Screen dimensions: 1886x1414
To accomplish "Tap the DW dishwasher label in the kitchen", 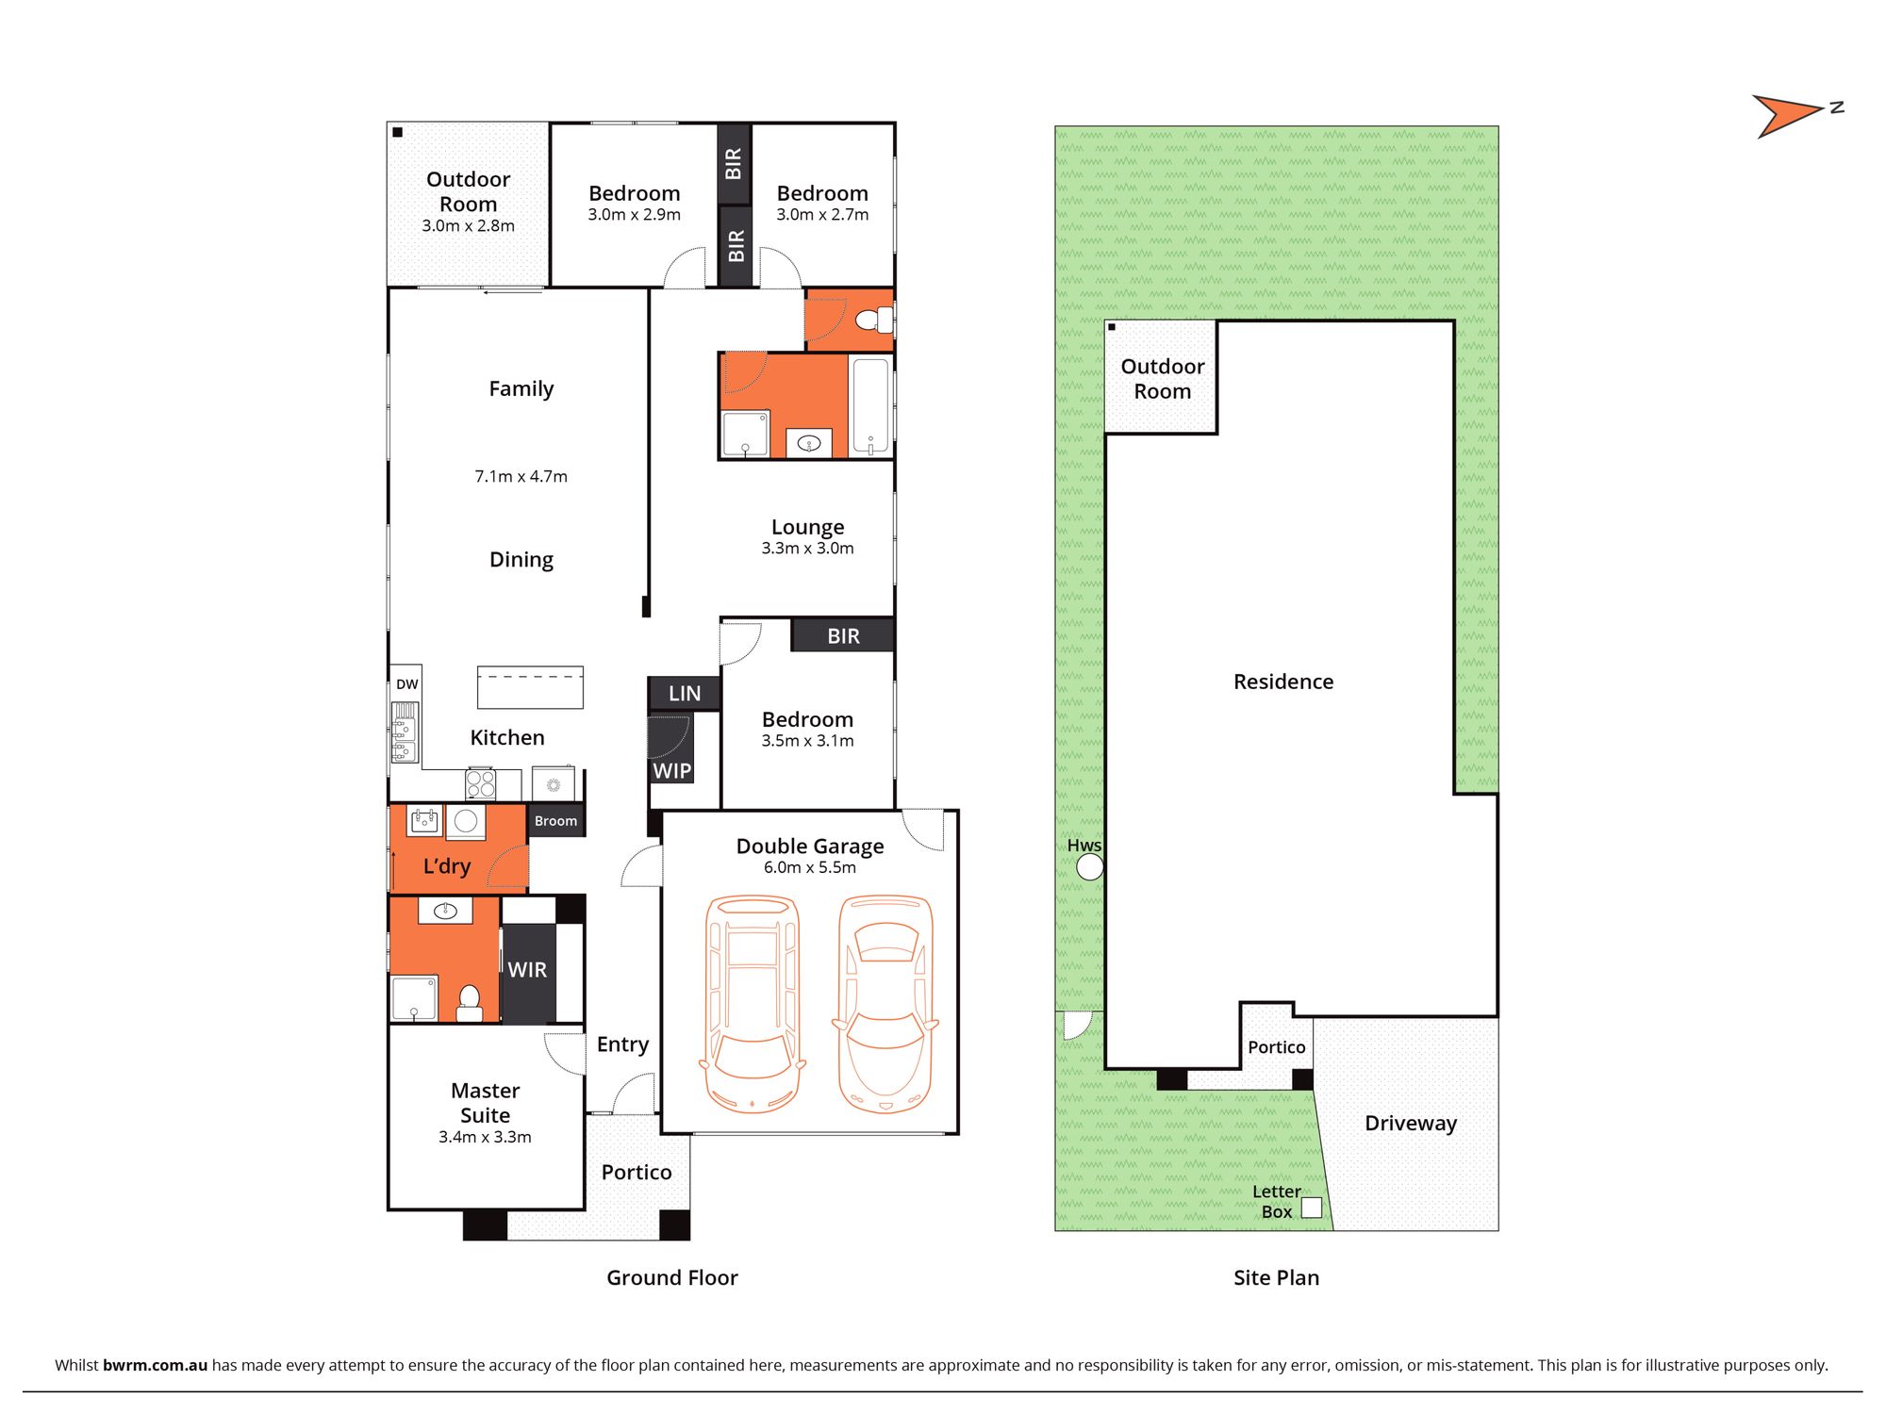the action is [406, 684].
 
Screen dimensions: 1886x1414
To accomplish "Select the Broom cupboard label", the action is [555, 821].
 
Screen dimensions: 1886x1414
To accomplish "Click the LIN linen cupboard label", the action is [685, 694].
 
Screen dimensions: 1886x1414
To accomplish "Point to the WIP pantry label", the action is [672, 771].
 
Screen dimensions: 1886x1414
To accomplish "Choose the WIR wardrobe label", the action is [527, 970].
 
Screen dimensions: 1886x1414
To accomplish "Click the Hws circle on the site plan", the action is [1089, 867].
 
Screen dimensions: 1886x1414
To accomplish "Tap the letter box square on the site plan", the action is [1312, 1208].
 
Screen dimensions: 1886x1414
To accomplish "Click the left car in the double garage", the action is [753, 1004].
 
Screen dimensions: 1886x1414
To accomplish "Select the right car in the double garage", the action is [885, 1004].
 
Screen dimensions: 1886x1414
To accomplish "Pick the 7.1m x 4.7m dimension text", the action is [521, 476].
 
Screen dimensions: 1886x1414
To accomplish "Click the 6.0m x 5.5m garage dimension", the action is [810, 867].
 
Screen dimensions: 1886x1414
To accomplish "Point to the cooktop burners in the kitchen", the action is [481, 784].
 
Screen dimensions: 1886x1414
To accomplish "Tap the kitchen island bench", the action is [530, 687].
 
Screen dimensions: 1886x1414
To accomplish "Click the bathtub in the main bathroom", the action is [870, 406].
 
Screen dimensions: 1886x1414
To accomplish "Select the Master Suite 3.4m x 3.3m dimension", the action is [485, 1137].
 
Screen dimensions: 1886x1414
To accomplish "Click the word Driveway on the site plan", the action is [1411, 1123].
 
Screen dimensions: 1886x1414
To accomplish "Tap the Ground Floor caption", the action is [672, 1277].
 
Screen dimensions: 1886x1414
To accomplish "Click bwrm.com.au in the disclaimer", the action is [155, 1365].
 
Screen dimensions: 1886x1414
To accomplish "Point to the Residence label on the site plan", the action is [1283, 682].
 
